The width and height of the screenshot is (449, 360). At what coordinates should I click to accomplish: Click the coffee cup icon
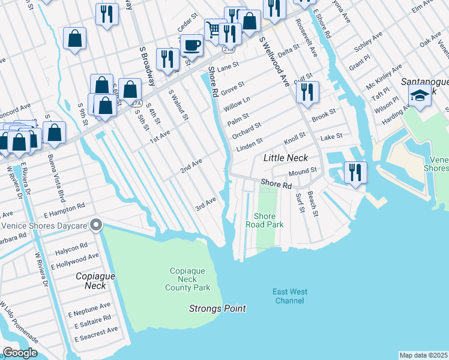click(191, 44)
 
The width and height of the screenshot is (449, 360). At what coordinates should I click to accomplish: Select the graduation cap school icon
click(419, 95)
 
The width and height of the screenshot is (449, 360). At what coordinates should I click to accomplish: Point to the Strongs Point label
click(217, 308)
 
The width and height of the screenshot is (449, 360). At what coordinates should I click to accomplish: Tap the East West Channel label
click(289, 296)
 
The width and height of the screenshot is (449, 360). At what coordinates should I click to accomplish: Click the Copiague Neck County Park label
click(188, 279)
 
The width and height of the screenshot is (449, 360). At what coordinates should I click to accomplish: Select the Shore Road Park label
click(264, 220)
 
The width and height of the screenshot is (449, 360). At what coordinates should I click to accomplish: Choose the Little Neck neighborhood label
click(286, 158)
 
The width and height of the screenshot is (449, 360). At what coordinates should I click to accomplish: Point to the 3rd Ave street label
click(205, 204)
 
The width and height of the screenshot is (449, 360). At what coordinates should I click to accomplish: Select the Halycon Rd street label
click(71, 245)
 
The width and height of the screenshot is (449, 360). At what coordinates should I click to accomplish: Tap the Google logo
click(20, 353)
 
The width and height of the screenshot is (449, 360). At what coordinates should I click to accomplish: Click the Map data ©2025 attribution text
click(423, 355)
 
